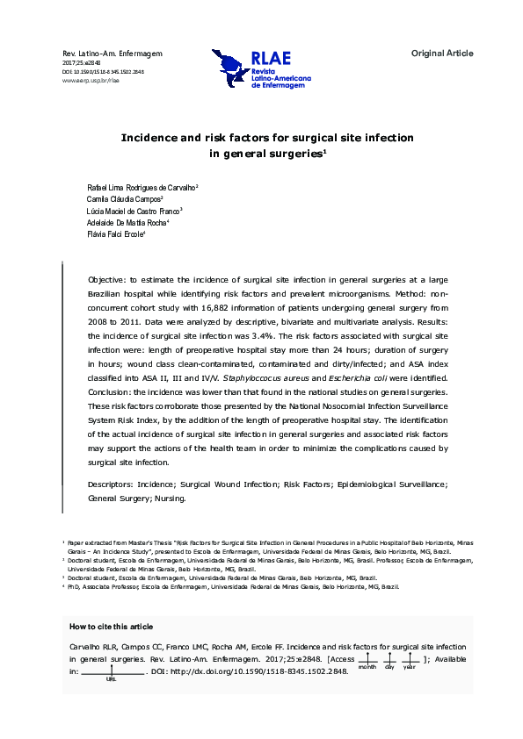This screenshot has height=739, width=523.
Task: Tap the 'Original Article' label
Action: pos(442,54)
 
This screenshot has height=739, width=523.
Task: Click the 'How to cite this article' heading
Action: pos(111,627)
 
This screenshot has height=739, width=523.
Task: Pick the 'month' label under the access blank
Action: pos(367,667)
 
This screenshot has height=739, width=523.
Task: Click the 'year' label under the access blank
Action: pos(410,667)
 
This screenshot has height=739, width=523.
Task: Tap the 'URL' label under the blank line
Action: pos(111,679)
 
